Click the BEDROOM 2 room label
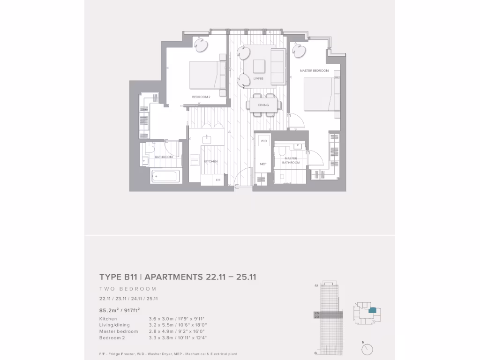201,97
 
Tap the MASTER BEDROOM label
314,71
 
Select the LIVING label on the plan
258,79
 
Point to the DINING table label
263,105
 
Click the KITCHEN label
211,161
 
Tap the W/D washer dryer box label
263,141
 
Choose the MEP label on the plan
263,164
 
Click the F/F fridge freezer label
218,180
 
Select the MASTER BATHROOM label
291,160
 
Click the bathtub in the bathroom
165,177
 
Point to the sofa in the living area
277,66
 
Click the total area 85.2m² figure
109,309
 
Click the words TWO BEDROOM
127,289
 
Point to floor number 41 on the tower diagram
316,285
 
